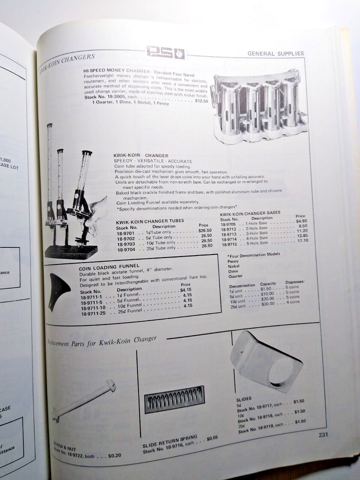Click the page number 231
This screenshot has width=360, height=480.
tap(323, 434)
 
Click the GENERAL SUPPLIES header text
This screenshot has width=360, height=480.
tap(275, 53)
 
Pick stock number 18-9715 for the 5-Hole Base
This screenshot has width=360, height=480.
tap(229, 244)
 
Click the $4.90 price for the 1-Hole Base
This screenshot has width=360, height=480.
tap(301, 220)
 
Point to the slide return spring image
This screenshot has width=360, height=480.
tap(174, 398)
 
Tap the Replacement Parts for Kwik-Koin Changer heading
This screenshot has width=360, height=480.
tap(102, 341)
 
